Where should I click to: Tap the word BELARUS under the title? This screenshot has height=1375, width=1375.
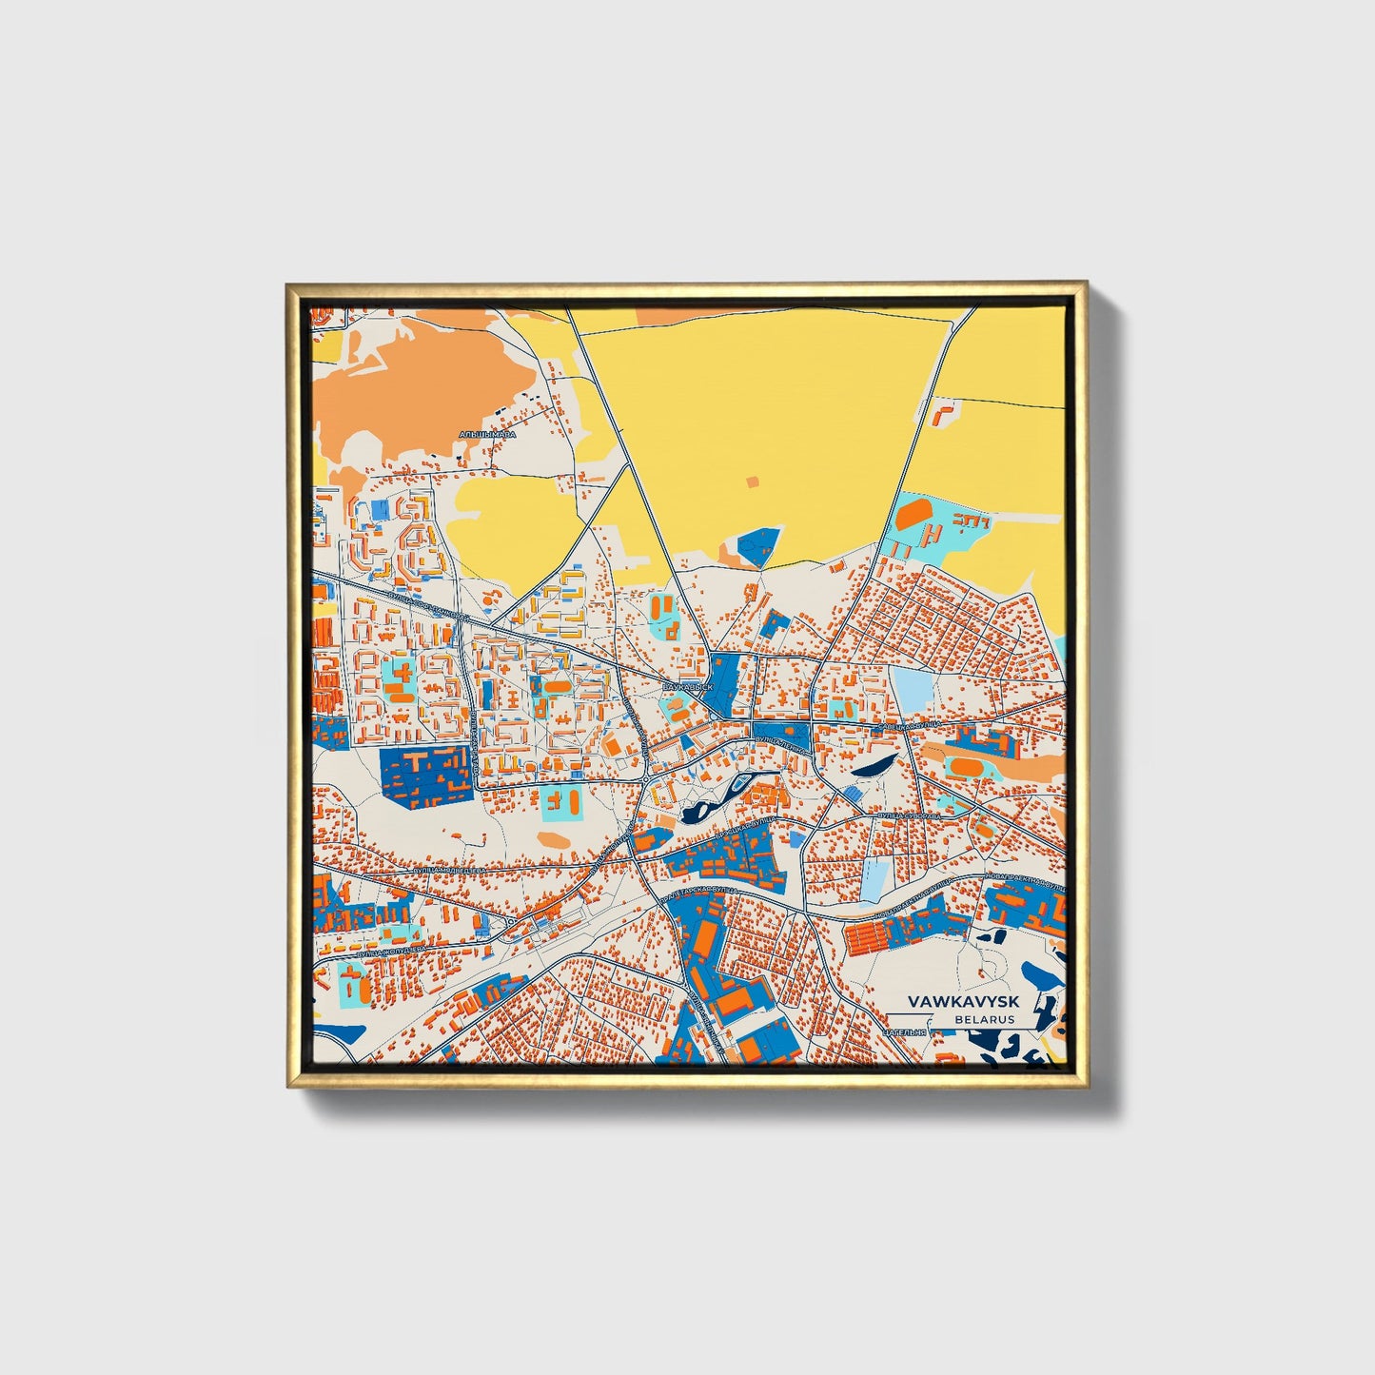(x=985, y=1019)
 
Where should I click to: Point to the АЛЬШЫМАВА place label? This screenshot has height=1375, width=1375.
(x=487, y=434)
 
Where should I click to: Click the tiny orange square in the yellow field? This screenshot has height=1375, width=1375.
(x=754, y=482)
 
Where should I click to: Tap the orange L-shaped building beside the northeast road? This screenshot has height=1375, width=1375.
(x=945, y=414)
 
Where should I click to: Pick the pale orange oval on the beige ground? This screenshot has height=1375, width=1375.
(x=552, y=840)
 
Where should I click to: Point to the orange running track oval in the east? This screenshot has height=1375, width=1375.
(x=970, y=764)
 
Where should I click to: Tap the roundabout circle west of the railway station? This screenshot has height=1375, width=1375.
(x=511, y=922)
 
